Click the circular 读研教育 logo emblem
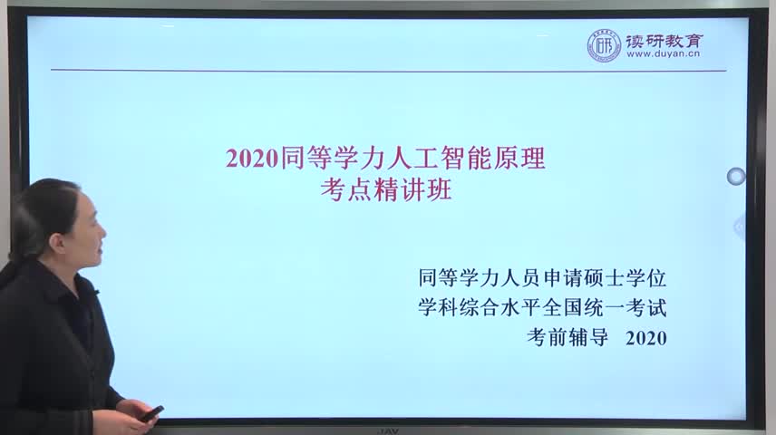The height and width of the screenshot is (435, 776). [604, 46]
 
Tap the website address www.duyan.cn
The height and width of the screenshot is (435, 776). [664, 54]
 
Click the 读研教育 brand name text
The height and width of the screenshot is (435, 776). [664, 40]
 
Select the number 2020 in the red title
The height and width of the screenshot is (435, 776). [251, 159]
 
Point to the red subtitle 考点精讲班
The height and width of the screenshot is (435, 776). [386, 189]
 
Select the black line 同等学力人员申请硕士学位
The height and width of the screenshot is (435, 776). [542, 277]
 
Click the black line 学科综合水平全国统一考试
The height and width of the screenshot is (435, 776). [542, 307]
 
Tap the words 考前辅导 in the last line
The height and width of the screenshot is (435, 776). [567, 337]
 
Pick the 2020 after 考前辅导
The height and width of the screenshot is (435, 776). [645, 338]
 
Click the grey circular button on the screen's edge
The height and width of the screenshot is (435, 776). [736, 176]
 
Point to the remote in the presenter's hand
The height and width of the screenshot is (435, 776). [151, 414]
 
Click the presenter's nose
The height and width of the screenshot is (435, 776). [103, 232]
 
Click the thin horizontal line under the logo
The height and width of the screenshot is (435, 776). [389, 71]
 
